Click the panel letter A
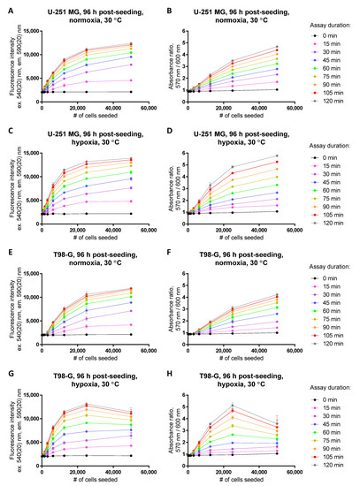point(4,5)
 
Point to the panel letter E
point(4,247)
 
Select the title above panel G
point(85,371)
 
